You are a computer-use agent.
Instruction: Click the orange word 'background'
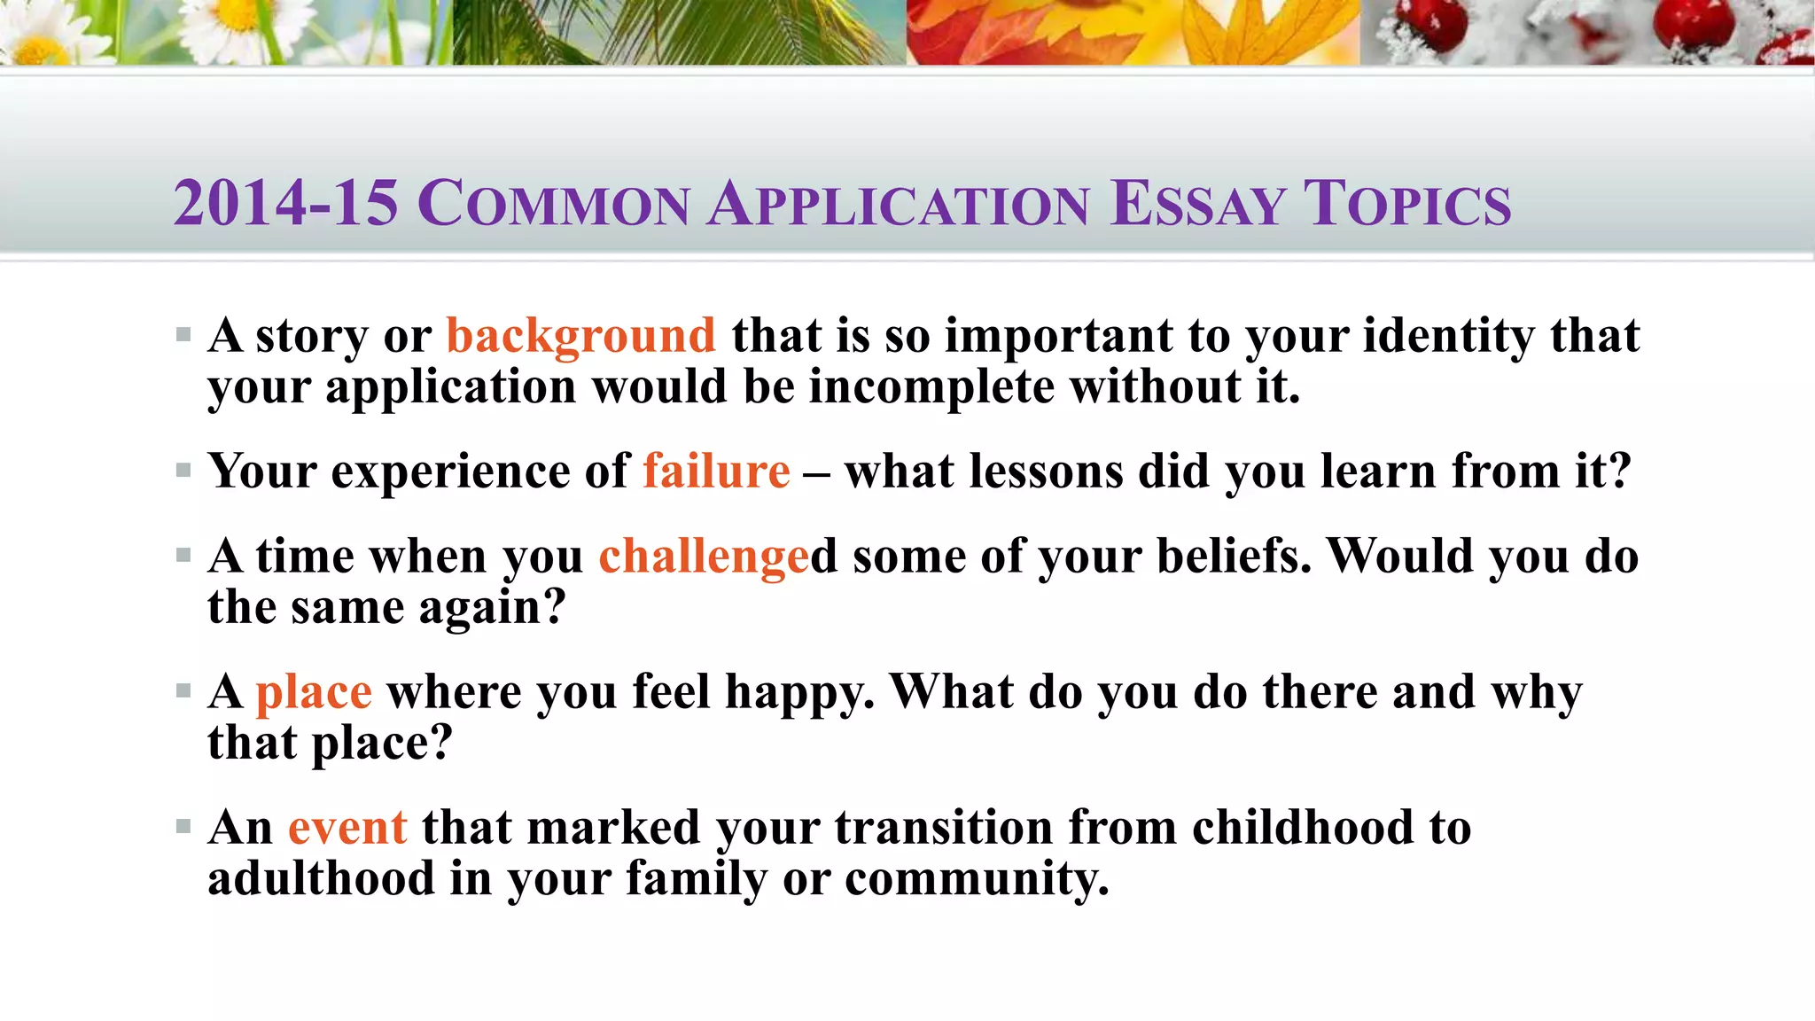click(580, 337)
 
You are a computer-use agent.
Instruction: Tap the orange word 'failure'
click(716, 471)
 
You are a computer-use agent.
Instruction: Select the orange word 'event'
click(347, 828)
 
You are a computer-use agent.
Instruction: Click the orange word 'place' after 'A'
click(314, 692)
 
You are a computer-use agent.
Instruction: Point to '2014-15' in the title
click(285, 203)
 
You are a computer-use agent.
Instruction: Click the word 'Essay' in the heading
click(1197, 203)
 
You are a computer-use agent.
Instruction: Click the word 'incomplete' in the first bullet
click(931, 387)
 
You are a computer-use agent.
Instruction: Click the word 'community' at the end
click(977, 879)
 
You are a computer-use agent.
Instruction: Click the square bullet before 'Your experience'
click(183, 471)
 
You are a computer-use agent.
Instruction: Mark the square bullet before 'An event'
click(183, 828)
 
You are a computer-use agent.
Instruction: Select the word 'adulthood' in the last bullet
click(321, 879)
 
